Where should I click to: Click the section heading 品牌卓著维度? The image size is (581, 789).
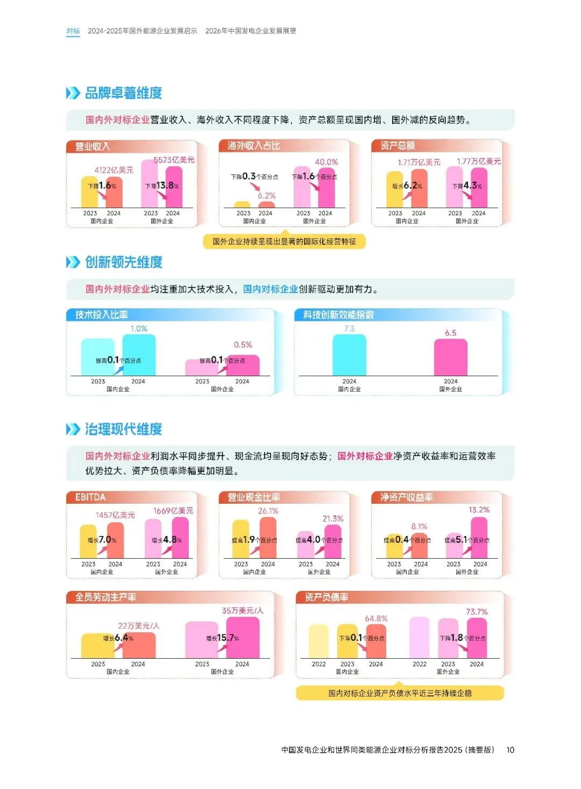point(123,93)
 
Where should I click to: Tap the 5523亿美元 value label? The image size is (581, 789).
point(174,160)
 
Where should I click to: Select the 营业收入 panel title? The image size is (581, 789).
point(92,146)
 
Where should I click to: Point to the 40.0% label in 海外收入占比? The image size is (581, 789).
point(326,162)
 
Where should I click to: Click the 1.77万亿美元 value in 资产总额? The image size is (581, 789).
point(478,161)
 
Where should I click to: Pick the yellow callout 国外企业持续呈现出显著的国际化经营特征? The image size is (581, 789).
point(284,242)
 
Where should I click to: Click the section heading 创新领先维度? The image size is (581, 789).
point(123,262)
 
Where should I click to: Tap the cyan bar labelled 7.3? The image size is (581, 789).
point(349,355)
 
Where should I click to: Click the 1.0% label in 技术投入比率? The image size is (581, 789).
point(139,329)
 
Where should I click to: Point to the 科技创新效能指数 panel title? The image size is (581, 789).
point(338,315)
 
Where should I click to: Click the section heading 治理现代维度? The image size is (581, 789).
point(123,429)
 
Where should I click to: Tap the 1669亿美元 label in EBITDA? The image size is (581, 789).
point(173,511)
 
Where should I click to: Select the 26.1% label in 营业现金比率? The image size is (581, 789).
point(268,511)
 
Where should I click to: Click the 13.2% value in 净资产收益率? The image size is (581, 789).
point(479,510)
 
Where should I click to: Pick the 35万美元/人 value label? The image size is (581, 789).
point(243,611)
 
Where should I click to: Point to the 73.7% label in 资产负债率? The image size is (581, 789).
point(477,612)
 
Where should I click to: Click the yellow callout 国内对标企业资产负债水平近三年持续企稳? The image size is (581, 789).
point(400,693)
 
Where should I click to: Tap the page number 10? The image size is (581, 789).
point(510,750)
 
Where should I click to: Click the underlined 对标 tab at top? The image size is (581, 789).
point(73,31)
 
